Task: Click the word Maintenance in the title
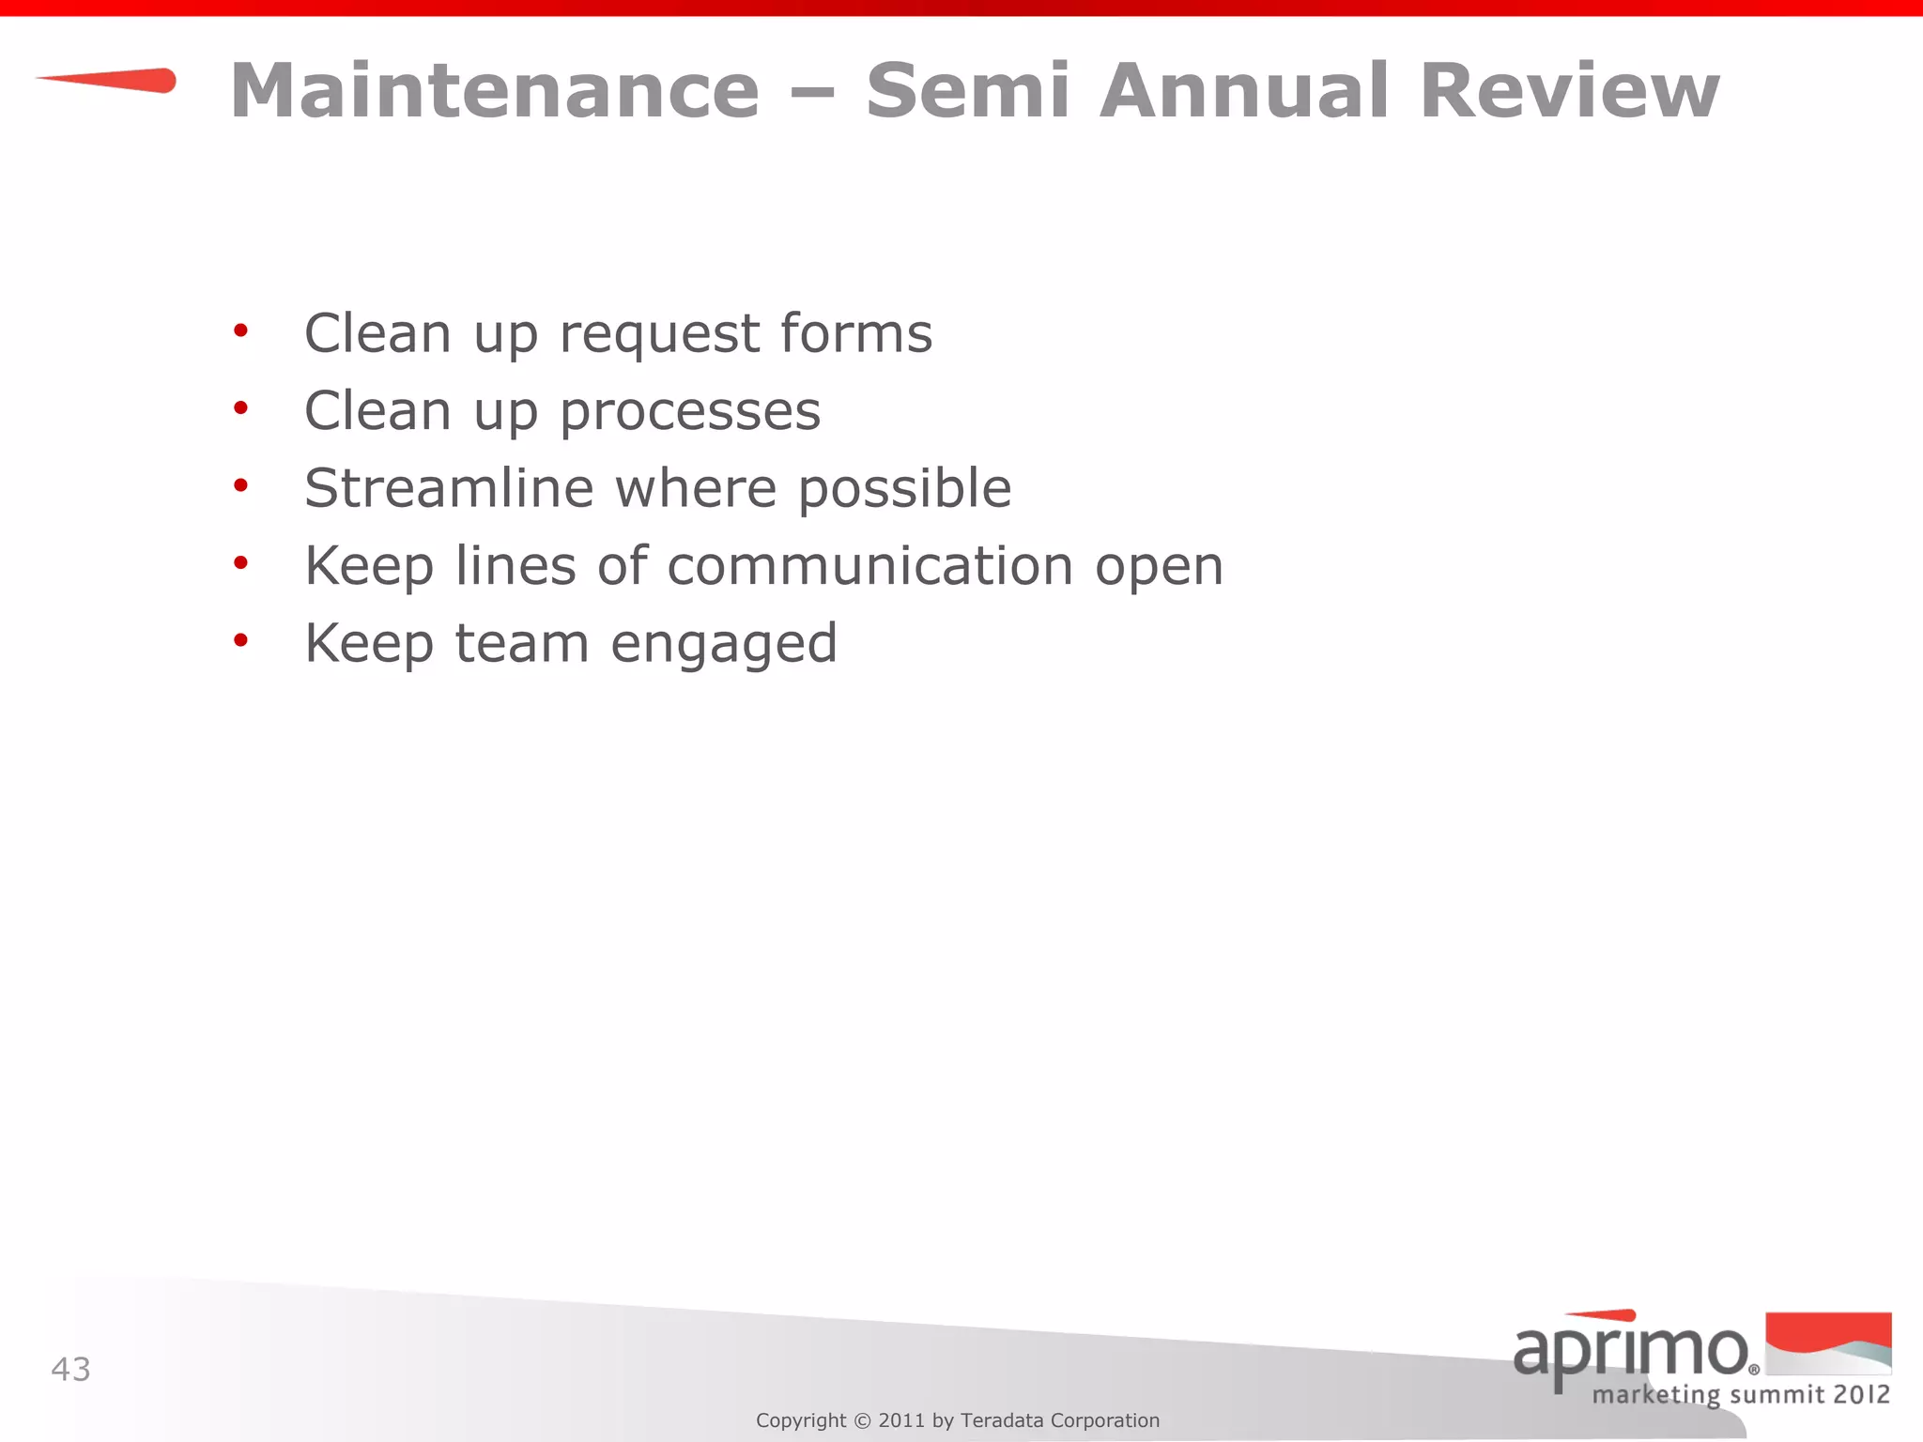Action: (x=495, y=91)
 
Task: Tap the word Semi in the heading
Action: (x=968, y=91)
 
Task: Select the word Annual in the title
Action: (x=1244, y=91)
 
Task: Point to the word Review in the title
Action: (x=1569, y=91)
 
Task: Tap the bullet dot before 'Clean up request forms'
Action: (x=241, y=330)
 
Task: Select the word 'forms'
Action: (x=855, y=333)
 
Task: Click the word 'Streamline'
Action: (x=449, y=488)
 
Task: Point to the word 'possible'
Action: (x=904, y=490)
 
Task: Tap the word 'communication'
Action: (x=869, y=566)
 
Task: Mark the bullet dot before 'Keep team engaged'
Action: (x=241, y=640)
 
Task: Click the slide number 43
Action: (x=70, y=1370)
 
